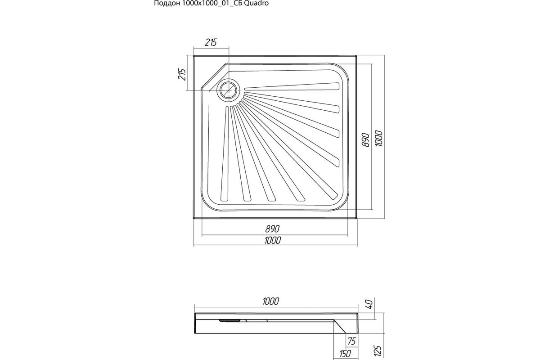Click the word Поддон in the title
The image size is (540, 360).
pos(167,4)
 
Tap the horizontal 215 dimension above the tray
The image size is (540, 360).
pos(211,42)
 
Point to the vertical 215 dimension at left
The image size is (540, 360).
pos(182,75)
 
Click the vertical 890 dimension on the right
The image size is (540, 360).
pos(365,139)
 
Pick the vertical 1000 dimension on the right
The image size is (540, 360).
pos(378,139)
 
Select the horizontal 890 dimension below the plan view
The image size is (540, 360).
pos(272,229)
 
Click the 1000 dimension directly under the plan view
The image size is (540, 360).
pos(273,240)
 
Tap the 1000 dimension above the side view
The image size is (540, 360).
pos(271,301)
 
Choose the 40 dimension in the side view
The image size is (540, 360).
pos(370,304)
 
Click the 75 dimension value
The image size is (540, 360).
pos(352,341)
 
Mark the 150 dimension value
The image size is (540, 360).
pos(345,354)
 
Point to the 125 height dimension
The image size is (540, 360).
pos(378,351)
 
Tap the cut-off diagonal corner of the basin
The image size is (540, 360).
pos(214,75)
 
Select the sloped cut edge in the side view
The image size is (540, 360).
pos(340,326)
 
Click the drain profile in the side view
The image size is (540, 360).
pos(229,320)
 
